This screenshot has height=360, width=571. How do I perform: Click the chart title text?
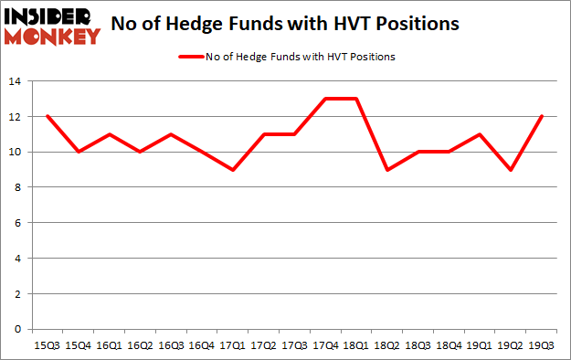285,25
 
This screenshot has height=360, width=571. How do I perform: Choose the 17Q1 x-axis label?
233,346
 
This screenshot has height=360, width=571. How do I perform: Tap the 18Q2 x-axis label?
388,346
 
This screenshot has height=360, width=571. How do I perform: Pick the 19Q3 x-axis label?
544,346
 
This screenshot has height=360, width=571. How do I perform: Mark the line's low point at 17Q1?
233,170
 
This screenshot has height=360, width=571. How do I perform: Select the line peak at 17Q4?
326,99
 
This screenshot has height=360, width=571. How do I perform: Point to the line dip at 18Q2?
388,170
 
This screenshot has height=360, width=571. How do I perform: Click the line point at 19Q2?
513,170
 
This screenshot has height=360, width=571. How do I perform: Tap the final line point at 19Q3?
544,117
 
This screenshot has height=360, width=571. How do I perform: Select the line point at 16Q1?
110,134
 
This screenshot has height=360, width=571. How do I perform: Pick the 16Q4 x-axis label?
202,346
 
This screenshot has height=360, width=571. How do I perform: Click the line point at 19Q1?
481,134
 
